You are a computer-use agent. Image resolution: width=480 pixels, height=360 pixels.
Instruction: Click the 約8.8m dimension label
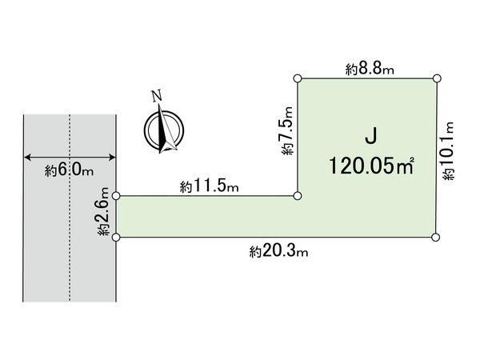click(x=370, y=70)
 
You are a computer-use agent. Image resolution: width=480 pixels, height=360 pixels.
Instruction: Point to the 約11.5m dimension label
click(x=210, y=187)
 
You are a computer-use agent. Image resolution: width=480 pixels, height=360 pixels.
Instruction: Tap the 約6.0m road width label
click(x=70, y=170)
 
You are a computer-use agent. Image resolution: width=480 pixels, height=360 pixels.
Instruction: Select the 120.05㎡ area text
click(x=370, y=166)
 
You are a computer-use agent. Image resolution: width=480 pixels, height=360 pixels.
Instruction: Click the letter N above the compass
click(x=158, y=97)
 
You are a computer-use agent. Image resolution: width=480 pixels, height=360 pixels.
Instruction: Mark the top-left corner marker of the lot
click(x=298, y=78)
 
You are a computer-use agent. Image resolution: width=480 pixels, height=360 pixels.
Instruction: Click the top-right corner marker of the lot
click(x=437, y=78)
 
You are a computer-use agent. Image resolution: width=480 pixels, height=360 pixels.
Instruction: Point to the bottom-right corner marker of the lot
click(x=437, y=237)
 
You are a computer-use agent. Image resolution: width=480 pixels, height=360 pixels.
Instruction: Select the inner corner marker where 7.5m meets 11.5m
click(x=298, y=195)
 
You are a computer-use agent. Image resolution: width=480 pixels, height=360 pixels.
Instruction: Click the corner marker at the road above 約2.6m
click(x=117, y=195)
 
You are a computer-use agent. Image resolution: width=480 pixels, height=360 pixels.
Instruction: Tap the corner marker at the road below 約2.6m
click(x=117, y=237)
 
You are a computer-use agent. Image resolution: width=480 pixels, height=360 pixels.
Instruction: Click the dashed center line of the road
click(x=70, y=240)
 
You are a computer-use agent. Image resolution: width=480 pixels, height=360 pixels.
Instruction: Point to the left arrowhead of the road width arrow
click(x=27, y=156)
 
